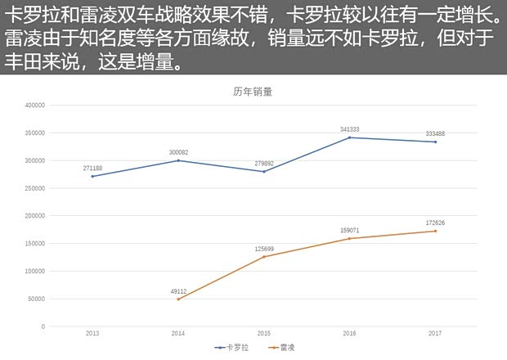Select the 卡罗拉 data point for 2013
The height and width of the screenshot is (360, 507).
(x=92, y=176)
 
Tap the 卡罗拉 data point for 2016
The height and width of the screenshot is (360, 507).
(x=349, y=137)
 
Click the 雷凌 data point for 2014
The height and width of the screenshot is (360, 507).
(x=178, y=299)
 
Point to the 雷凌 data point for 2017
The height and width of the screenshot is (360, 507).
(x=435, y=231)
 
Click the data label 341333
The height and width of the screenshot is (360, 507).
(x=349, y=129)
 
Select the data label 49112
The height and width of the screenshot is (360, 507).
(x=178, y=290)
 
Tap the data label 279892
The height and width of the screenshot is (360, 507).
(x=264, y=163)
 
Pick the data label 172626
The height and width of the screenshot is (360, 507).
(x=435, y=223)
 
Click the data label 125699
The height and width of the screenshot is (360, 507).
(x=264, y=248)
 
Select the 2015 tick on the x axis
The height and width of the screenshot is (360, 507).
(x=264, y=334)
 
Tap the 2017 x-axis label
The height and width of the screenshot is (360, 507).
(x=435, y=334)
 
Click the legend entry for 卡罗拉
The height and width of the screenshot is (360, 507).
(x=234, y=348)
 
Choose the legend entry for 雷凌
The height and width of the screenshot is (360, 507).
(x=283, y=348)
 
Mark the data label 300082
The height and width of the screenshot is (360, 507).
(x=178, y=152)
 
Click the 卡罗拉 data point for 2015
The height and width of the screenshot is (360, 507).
(x=264, y=171)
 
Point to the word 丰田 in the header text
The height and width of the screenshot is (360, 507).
(x=25, y=63)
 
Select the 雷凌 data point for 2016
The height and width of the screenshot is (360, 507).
(x=349, y=238)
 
